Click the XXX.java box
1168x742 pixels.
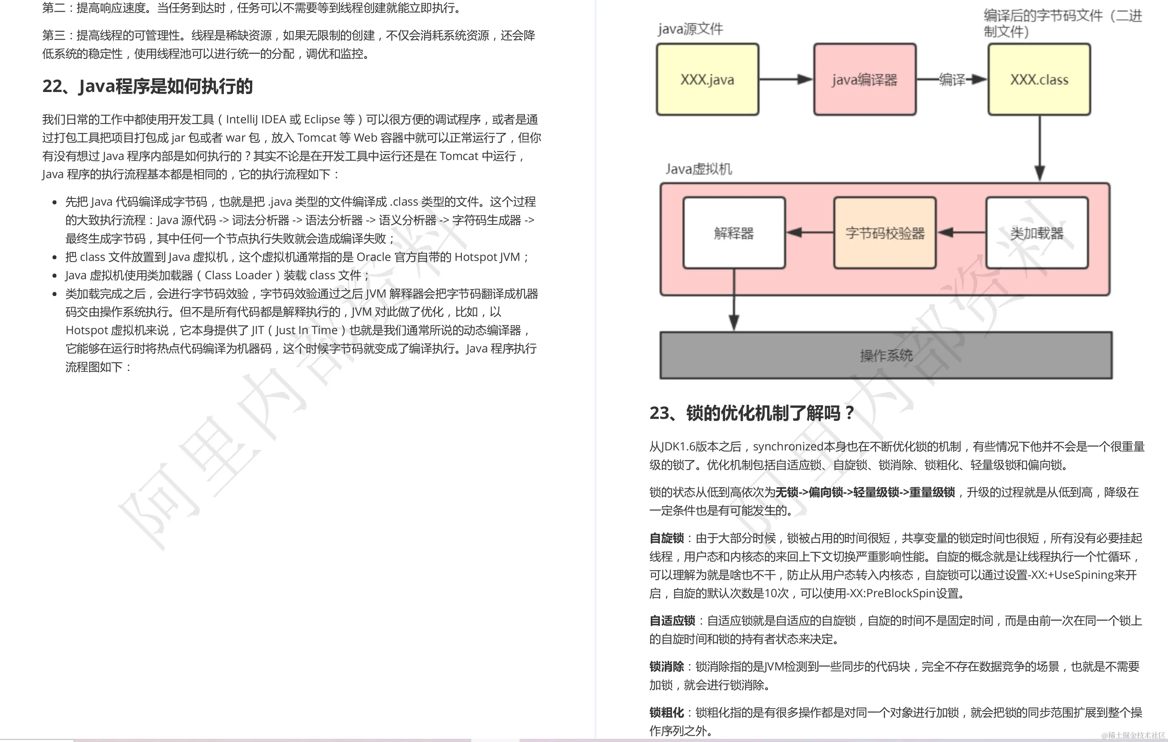tap(707, 80)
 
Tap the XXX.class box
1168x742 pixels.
tap(1039, 80)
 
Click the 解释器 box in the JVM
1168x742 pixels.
tap(733, 233)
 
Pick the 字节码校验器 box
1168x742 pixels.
tap(885, 233)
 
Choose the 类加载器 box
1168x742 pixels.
tap(1037, 233)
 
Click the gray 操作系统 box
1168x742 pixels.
tap(886, 355)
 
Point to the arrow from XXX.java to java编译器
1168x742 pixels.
tap(786, 80)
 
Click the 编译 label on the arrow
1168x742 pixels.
tap(952, 79)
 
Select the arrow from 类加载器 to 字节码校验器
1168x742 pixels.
tap(961, 233)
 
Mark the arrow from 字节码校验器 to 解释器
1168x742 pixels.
tap(809, 233)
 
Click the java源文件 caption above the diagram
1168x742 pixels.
tap(690, 29)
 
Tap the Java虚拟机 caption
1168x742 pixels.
tap(698, 169)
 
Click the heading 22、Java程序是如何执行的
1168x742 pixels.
tap(147, 86)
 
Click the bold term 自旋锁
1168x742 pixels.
tap(666, 538)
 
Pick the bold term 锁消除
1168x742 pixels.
tap(666, 667)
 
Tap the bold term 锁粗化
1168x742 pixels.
tap(666, 712)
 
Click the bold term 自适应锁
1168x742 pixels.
tap(672, 621)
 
